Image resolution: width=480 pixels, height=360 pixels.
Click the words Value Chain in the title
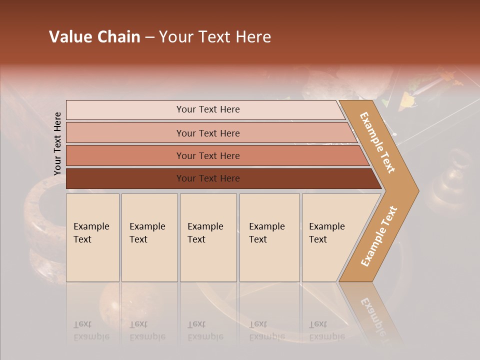point(94,37)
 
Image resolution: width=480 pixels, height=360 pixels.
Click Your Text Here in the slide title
point(215,37)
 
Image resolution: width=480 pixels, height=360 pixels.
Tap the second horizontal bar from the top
point(207,133)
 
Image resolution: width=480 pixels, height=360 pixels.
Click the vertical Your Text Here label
point(57,143)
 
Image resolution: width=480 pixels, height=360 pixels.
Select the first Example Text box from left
point(92,237)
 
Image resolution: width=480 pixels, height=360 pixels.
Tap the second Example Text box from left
point(149,237)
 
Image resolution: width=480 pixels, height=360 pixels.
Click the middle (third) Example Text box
point(208,237)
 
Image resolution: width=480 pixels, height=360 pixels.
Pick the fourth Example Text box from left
point(269,237)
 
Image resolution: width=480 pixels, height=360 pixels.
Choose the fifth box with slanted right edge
point(330,237)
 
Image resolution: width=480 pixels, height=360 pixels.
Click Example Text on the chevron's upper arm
point(377,142)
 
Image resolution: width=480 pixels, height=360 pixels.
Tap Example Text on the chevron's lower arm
point(379,236)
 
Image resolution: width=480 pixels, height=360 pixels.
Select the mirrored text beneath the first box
point(91,330)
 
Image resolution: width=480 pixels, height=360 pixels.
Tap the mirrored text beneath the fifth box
point(326,330)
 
